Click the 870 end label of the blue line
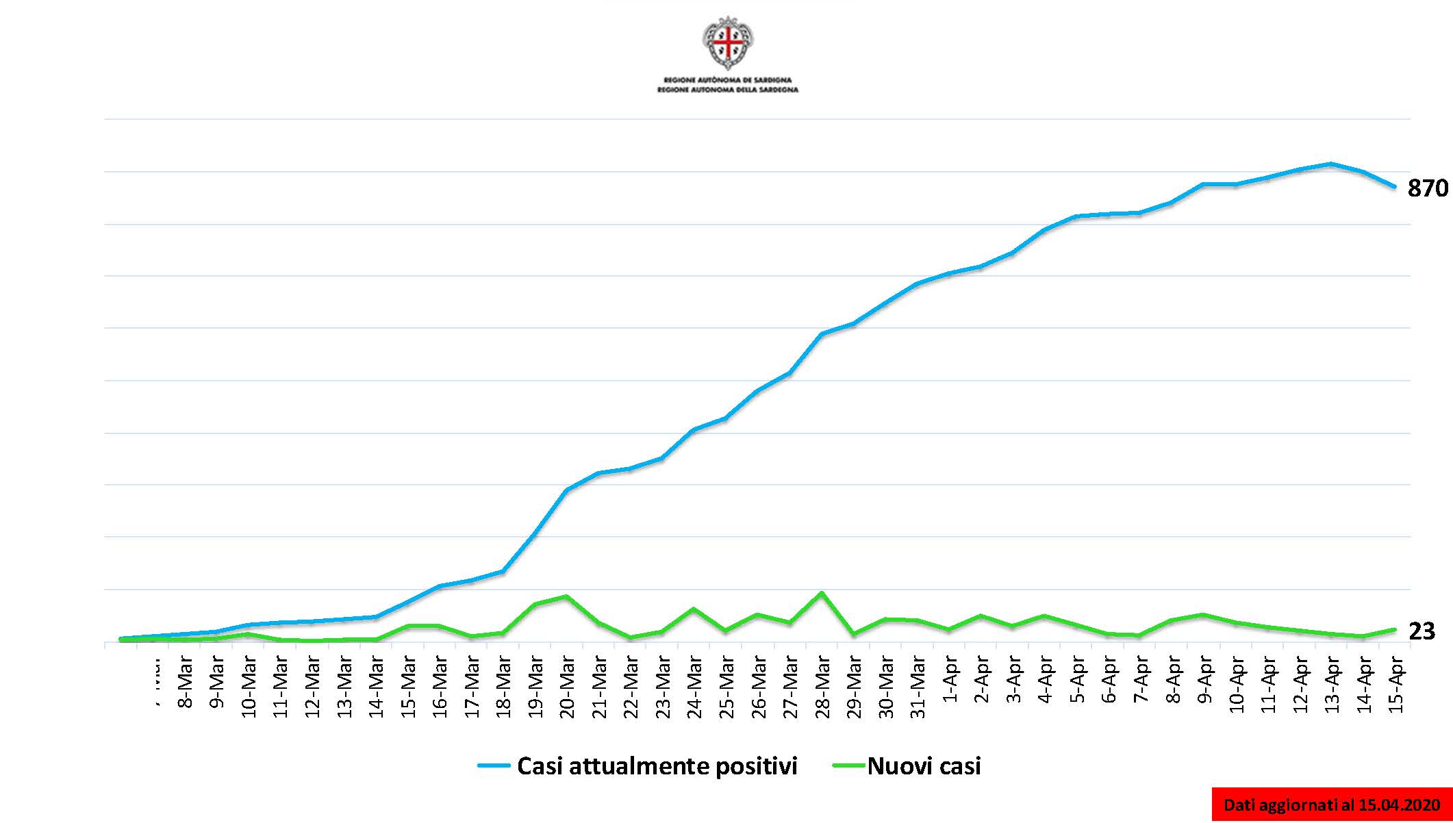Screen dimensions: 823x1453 click(1427, 188)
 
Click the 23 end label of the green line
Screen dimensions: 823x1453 click(1422, 631)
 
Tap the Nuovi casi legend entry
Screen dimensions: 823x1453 click(907, 765)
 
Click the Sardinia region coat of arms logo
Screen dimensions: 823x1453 click(728, 42)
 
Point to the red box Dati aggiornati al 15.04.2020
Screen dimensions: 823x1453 click(1332, 805)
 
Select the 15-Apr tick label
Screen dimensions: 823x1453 click(1395, 685)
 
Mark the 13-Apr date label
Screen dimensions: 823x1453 click(1332, 685)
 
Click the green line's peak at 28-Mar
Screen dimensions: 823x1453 click(822, 593)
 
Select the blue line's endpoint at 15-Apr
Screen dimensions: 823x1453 click(1395, 186)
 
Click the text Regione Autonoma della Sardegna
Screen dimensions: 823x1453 click(728, 90)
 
